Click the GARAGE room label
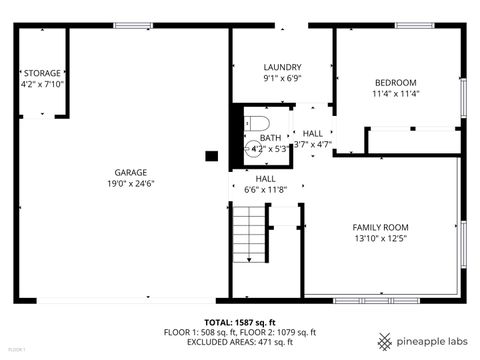pyautogui.click(x=131, y=172)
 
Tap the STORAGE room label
pyautogui.click(x=42, y=73)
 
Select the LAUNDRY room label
pyautogui.click(x=282, y=67)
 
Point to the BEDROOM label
pyautogui.click(x=395, y=82)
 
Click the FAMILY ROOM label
pyautogui.click(x=381, y=227)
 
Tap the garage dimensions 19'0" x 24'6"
pyautogui.click(x=131, y=184)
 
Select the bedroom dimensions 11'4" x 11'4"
pyautogui.click(x=395, y=94)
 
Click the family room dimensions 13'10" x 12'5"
pyautogui.click(x=381, y=239)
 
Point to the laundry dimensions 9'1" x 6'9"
pyautogui.click(x=282, y=79)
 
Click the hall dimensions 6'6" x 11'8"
pyautogui.click(x=266, y=190)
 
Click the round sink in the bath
pyautogui.click(x=253, y=148)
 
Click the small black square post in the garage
pyautogui.click(x=211, y=155)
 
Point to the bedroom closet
pyautogui.click(x=412, y=141)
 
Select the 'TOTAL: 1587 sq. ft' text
pyautogui.click(x=240, y=322)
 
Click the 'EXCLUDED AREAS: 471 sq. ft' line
pyautogui.click(x=240, y=342)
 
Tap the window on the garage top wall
pyautogui.click(x=132, y=25)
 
